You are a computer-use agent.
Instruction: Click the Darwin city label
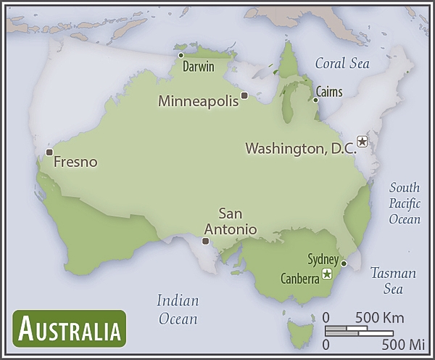tap(198, 67)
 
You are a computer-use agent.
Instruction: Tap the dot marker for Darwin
tap(181, 55)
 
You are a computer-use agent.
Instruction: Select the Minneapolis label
tap(198, 101)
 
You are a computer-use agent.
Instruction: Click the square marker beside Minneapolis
tap(244, 96)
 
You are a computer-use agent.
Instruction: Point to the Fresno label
tap(75, 161)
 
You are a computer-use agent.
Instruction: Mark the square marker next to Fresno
tap(49, 152)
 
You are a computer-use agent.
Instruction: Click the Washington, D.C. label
tap(300, 148)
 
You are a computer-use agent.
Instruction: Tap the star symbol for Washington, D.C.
tap(362, 142)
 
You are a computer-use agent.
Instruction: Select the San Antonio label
tap(230, 221)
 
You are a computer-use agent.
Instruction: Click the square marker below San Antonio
tap(206, 241)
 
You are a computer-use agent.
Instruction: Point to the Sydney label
tap(323, 259)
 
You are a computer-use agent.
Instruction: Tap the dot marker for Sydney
tap(344, 263)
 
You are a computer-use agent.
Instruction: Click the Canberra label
tap(299, 278)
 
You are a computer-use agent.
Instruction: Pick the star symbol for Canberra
tap(327, 274)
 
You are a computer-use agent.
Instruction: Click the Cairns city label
tap(329, 92)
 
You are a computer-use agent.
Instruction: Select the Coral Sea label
tap(341, 63)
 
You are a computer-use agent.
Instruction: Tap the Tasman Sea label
tap(392, 281)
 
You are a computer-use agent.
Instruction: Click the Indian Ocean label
tap(177, 309)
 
